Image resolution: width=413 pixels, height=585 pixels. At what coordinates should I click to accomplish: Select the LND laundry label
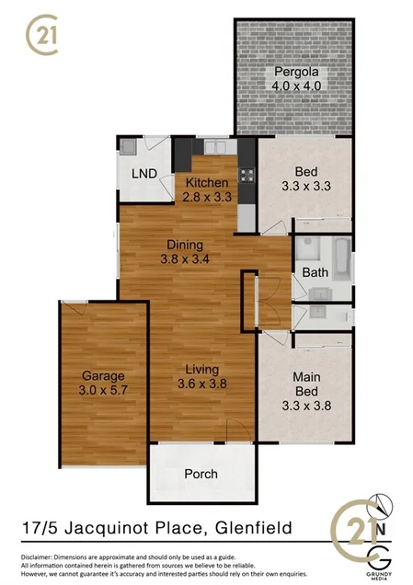coord(143,174)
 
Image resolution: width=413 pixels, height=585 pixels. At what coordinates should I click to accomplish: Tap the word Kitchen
coord(207,182)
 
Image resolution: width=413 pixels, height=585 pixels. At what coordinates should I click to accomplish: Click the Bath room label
coord(315,273)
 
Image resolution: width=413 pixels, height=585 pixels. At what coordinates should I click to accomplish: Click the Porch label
coord(201,474)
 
